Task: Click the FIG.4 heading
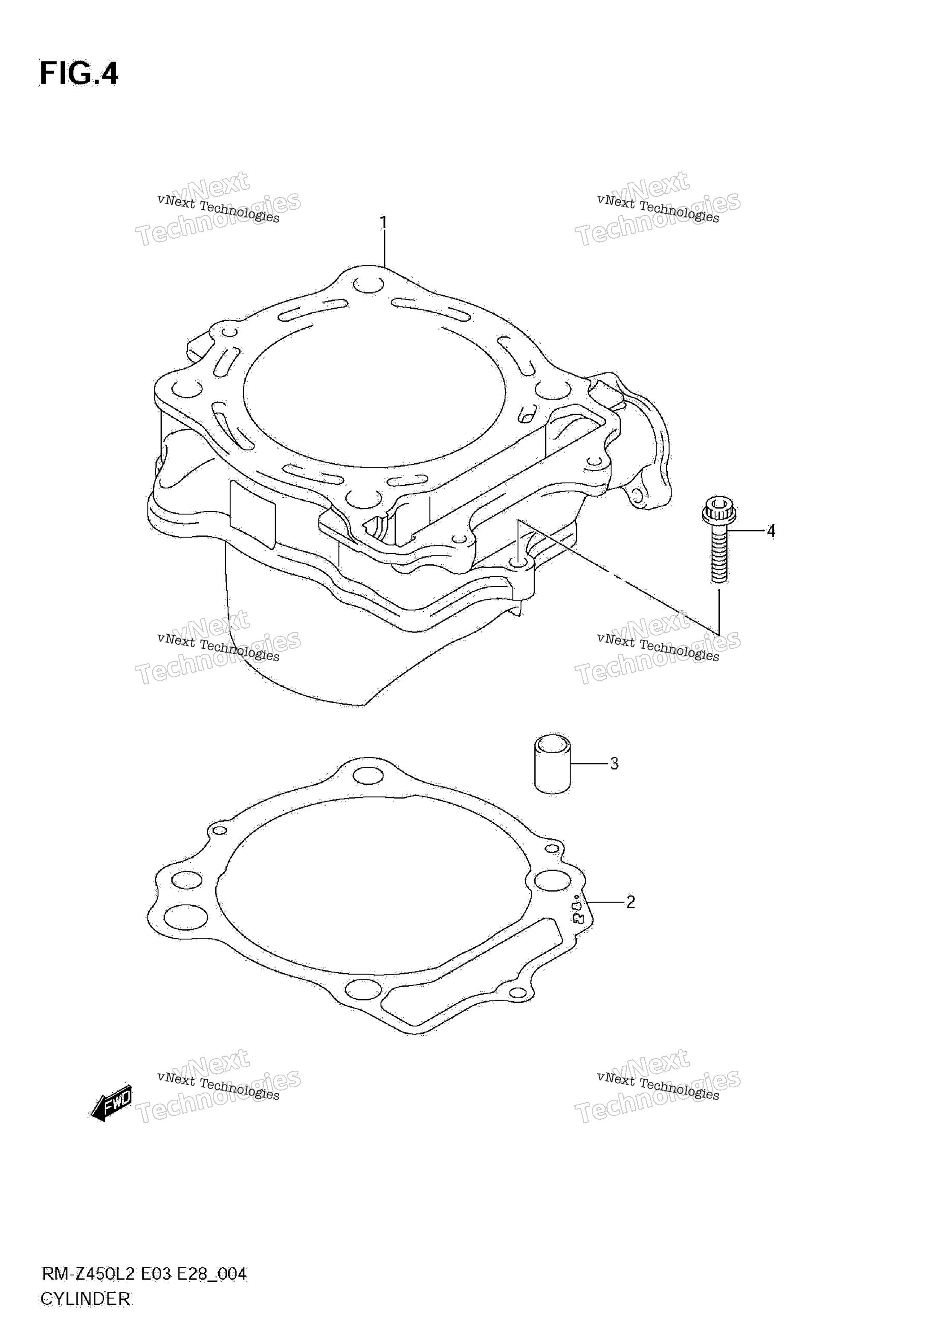(x=79, y=74)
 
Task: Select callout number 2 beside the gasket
(x=630, y=902)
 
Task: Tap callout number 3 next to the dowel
(x=614, y=763)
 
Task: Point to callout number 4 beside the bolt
(x=771, y=531)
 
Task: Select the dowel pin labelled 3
(x=552, y=763)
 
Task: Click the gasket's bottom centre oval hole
(x=363, y=989)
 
